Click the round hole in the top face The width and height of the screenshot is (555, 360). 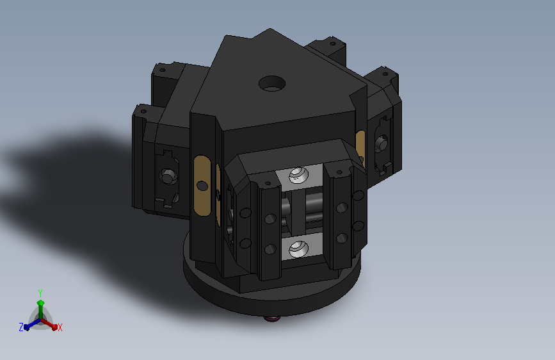(272, 84)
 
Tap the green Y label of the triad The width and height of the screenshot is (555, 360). (40, 293)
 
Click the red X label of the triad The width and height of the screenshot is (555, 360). (60, 327)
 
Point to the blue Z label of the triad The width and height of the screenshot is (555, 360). (21, 327)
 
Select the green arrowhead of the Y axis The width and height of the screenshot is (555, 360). (41, 303)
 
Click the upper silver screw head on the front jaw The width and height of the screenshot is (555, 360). (298, 174)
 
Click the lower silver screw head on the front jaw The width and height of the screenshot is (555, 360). (298, 248)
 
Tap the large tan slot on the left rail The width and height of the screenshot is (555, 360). (202, 185)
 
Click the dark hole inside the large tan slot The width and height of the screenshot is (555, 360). (202, 185)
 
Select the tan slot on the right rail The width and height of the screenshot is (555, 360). (360, 146)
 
